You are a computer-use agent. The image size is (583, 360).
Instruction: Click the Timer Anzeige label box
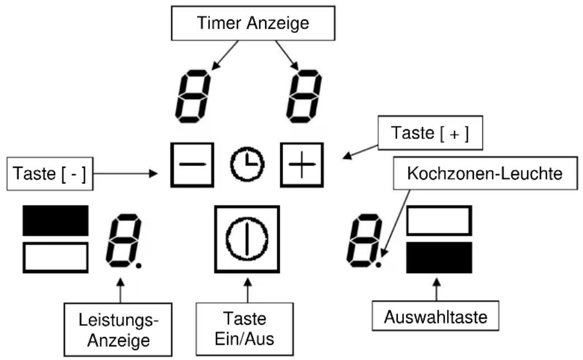tap(253, 23)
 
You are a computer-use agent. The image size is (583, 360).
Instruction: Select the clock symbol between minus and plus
tap(247, 165)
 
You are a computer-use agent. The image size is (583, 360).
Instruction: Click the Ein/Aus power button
tap(247, 239)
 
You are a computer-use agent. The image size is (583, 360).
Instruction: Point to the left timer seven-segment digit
tap(193, 96)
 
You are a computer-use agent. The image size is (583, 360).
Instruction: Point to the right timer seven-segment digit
tap(304, 96)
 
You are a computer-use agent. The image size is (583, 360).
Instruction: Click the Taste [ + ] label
tap(430, 133)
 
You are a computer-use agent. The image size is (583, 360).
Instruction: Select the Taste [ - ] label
tap(50, 174)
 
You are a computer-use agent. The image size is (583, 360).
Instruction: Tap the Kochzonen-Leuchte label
tap(485, 174)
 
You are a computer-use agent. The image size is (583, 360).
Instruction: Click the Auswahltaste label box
tap(435, 316)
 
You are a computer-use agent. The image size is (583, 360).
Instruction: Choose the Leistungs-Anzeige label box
tap(118, 330)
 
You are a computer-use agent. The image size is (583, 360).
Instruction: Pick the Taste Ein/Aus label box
tap(245, 329)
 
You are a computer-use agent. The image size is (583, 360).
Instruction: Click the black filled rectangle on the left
tap(55, 221)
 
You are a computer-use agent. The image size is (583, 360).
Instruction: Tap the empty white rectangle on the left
tap(55, 258)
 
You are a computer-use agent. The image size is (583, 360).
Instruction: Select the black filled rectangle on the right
tap(439, 258)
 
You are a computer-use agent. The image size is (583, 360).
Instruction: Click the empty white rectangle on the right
tap(439, 221)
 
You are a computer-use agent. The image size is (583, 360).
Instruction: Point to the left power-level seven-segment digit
tap(124, 240)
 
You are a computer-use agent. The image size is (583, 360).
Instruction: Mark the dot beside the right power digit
tap(379, 265)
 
